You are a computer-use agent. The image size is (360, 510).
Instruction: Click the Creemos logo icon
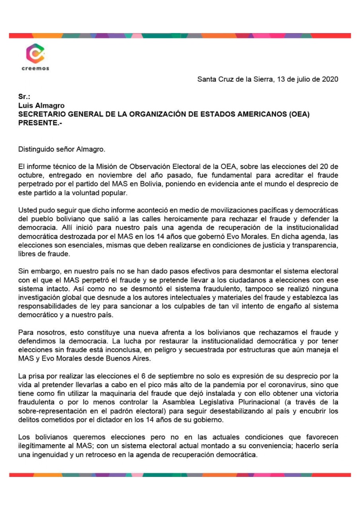(x=35, y=53)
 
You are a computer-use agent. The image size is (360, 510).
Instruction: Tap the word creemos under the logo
(x=35, y=68)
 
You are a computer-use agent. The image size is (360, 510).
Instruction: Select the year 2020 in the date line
(x=331, y=79)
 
